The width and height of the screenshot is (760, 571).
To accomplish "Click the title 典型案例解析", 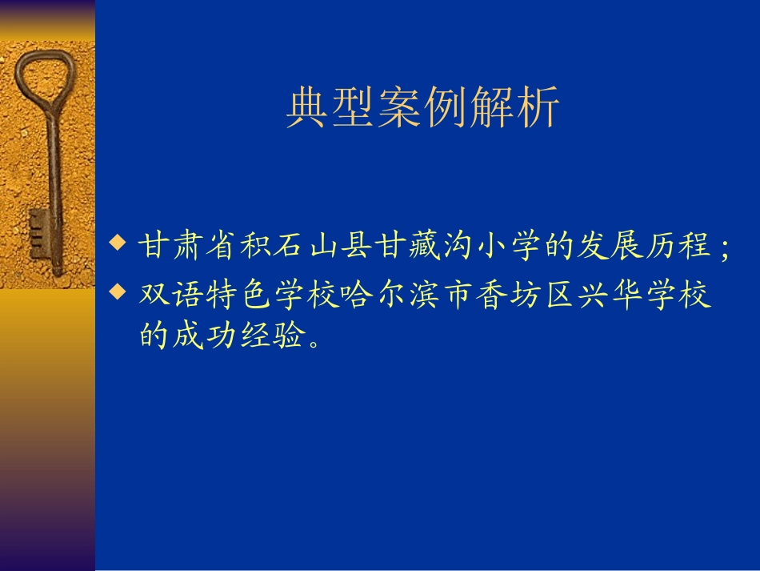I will tap(422, 109).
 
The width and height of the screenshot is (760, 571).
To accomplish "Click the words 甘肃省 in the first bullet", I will tap(188, 246).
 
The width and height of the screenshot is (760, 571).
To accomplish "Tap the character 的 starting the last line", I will tap(154, 337).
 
